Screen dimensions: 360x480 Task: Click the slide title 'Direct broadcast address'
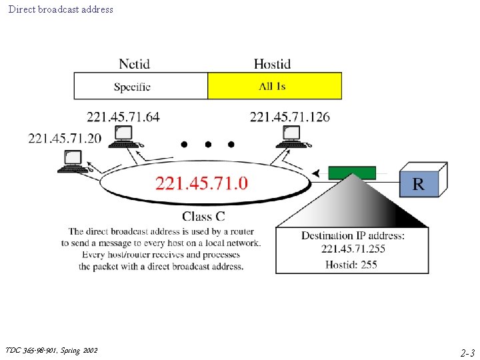click(61, 9)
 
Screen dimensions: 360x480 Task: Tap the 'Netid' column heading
click(134, 64)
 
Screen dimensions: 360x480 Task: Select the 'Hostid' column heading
click(272, 64)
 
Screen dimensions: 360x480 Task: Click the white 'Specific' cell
click(132, 87)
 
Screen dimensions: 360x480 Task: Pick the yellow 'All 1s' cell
click(275, 87)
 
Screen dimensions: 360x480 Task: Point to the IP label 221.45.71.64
click(123, 117)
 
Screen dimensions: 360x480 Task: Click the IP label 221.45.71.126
click(289, 117)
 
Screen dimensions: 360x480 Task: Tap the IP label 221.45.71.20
click(55, 138)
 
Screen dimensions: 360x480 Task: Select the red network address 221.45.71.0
click(201, 183)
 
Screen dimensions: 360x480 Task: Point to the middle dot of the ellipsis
click(207, 144)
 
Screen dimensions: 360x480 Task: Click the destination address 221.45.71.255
click(353, 249)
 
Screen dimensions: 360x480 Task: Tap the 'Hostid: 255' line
click(351, 264)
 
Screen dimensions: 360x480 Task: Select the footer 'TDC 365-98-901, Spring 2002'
click(51, 350)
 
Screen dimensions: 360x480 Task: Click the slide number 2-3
click(467, 353)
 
